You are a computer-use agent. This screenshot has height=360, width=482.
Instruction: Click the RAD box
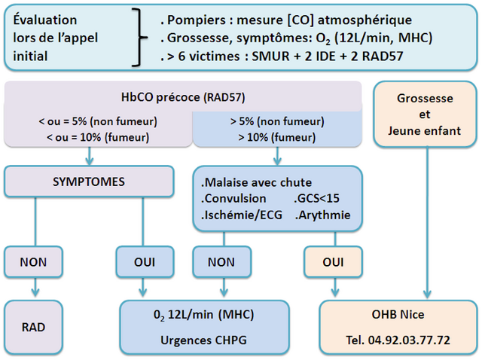click(33, 327)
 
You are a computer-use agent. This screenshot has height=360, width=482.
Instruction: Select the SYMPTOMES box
click(89, 182)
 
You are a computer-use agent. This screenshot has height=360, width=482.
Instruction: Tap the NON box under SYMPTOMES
click(33, 262)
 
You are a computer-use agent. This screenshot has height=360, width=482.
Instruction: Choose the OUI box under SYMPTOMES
click(145, 262)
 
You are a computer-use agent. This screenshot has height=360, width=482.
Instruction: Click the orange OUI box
click(333, 262)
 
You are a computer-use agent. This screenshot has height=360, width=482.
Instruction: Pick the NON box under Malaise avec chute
click(221, 262)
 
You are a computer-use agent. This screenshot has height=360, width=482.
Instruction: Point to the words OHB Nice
click(398, 314)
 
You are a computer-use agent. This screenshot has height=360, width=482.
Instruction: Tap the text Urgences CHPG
click(203, 340)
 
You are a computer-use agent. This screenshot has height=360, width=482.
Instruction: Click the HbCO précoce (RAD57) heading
click(183, 97)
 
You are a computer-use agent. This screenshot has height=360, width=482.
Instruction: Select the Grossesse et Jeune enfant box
click(425, 114)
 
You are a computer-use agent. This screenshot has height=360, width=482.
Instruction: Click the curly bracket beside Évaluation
click(139, 38)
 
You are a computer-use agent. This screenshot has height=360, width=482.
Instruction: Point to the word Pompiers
click(197, 20)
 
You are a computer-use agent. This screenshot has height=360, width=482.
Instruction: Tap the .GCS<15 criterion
click(316, 198)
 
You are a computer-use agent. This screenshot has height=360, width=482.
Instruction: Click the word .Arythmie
click(322, 215)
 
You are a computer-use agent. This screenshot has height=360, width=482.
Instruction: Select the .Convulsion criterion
click(233, 198)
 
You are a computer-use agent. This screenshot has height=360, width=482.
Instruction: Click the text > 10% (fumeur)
click(277, 137)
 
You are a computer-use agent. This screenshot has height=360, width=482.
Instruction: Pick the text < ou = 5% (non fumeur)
click(98, 121)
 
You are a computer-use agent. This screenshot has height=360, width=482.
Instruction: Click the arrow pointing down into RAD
click(35, 287)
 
